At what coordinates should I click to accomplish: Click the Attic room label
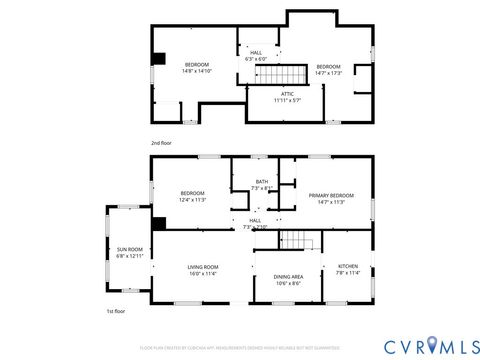(287, 93)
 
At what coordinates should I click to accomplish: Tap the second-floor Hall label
(256, 53)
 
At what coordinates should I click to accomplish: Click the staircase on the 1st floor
(296, 240)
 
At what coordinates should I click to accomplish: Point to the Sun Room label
(130, 249)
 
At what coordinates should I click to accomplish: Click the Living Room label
(203, 266)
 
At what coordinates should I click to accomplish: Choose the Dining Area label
(288, 276)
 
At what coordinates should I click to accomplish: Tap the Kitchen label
(347, 266)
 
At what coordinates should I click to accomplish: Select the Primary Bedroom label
(327, 194)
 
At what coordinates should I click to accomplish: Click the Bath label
(261, 182)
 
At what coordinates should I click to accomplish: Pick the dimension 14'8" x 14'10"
(196, 71)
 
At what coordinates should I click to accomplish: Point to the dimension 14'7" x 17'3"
(328, 71)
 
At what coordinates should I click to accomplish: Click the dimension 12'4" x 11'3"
(193, 199)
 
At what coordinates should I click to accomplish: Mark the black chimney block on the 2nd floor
(157, 57)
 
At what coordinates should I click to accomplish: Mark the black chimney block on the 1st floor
(158, 222)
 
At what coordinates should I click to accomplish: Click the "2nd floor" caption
(161, 143)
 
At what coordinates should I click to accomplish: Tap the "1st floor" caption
(116, 312)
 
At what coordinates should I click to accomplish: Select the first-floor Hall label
(255, 220)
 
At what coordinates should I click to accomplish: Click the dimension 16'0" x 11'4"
(203, 273)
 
